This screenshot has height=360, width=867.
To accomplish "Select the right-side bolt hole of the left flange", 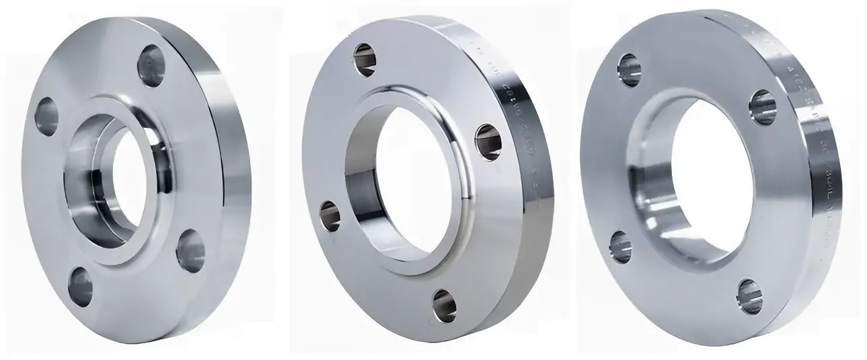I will [190, 250].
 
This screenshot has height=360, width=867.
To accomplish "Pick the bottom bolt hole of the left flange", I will [81, 285].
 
